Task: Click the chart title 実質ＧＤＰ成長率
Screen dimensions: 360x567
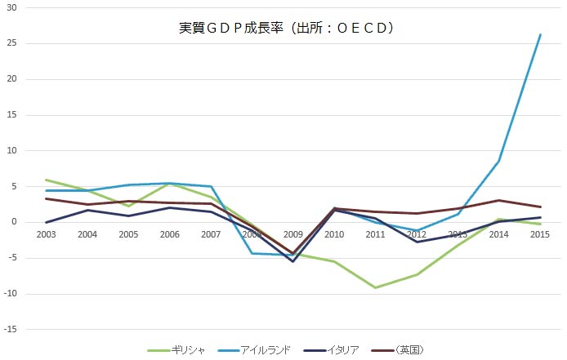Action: click(x=286, y=28)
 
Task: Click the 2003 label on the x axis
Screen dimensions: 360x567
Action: click(x=47, y=234)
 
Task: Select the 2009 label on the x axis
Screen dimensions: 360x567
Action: click(x=293, y=234)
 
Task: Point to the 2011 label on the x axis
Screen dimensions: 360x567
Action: click(x=376, y=234)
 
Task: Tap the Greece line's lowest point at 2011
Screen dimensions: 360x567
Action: click(x=376, y=287)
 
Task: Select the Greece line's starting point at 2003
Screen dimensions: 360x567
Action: click(x=47, y=180)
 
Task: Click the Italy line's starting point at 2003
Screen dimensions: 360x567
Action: click(x=47, y=222)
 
